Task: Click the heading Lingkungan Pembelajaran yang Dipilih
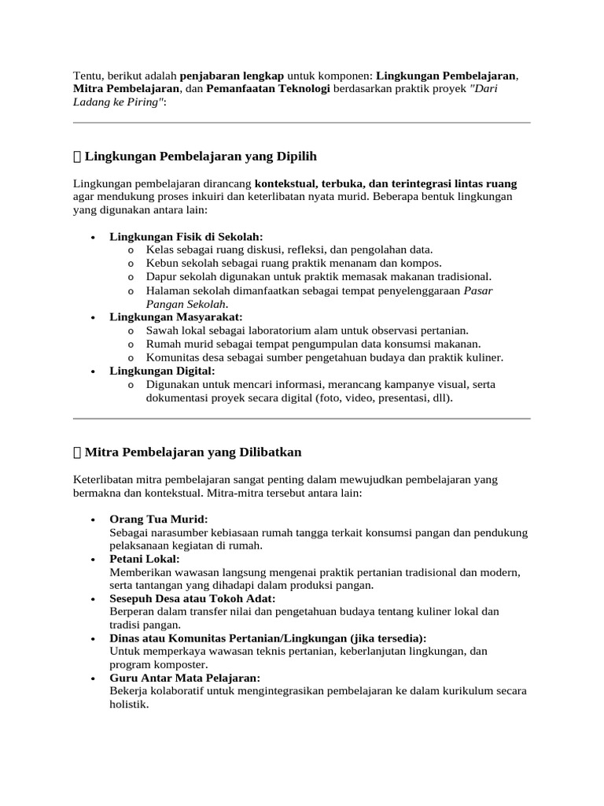click(201, 156)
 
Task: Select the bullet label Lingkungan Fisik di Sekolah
click(186, 236)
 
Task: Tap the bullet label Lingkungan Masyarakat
click(176, 316)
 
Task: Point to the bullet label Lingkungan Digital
click(162, 370)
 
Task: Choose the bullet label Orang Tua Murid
click(159, 519)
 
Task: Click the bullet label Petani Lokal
click(145, 558)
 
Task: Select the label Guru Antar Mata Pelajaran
click(185, 678)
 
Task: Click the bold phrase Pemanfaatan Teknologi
click(268, 90)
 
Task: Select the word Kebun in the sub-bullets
click(161, 263)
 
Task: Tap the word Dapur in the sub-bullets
click(161, 276)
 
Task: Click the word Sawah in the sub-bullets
click(162, 331)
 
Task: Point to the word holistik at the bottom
click(129, 704)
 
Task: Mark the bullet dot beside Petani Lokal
click(94, 559)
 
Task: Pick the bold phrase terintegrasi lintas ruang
click(455, 183)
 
